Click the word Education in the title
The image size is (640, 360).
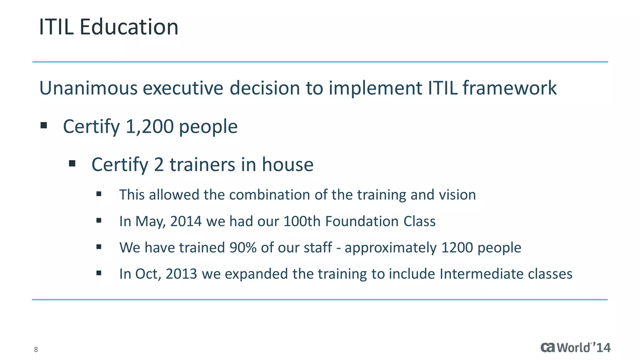point(129,27)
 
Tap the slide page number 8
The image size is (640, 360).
point(36,349)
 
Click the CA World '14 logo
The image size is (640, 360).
point(575,347)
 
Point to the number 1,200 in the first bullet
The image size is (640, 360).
point(149,127)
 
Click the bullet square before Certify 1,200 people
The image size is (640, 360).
point(44,126)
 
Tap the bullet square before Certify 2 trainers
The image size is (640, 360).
point(72,163)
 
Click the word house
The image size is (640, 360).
point(287,164)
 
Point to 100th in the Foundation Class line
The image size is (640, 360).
point(302,221)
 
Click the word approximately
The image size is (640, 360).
point(391,248)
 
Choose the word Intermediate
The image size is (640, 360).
point(481,274)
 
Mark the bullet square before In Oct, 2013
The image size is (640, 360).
point(99,273)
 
